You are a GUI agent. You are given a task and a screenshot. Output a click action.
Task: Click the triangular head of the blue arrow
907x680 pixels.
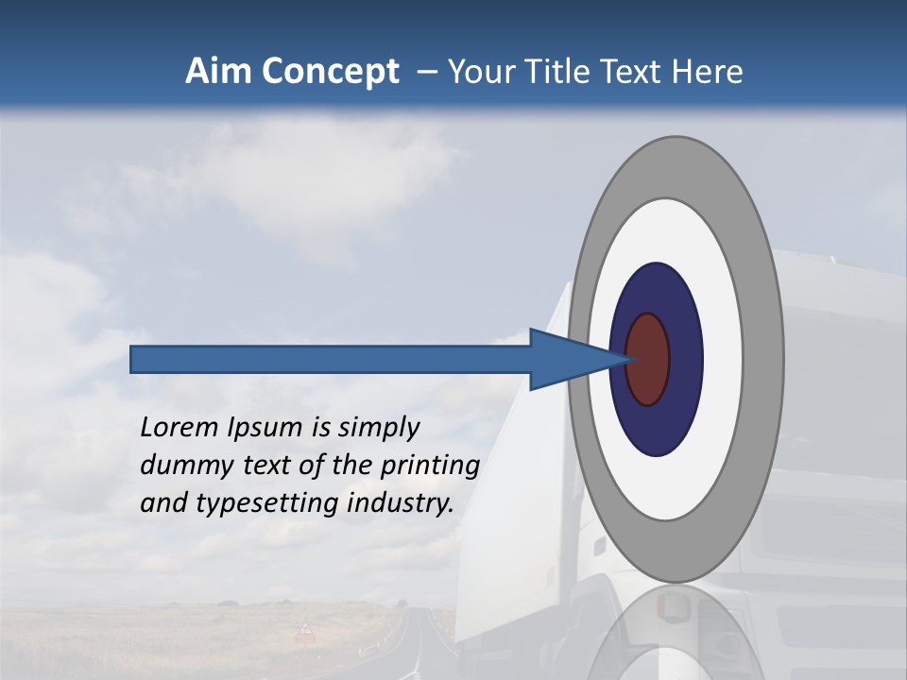(x=567, y=359)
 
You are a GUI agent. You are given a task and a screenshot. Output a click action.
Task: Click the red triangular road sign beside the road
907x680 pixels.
(x=305, y=630)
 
